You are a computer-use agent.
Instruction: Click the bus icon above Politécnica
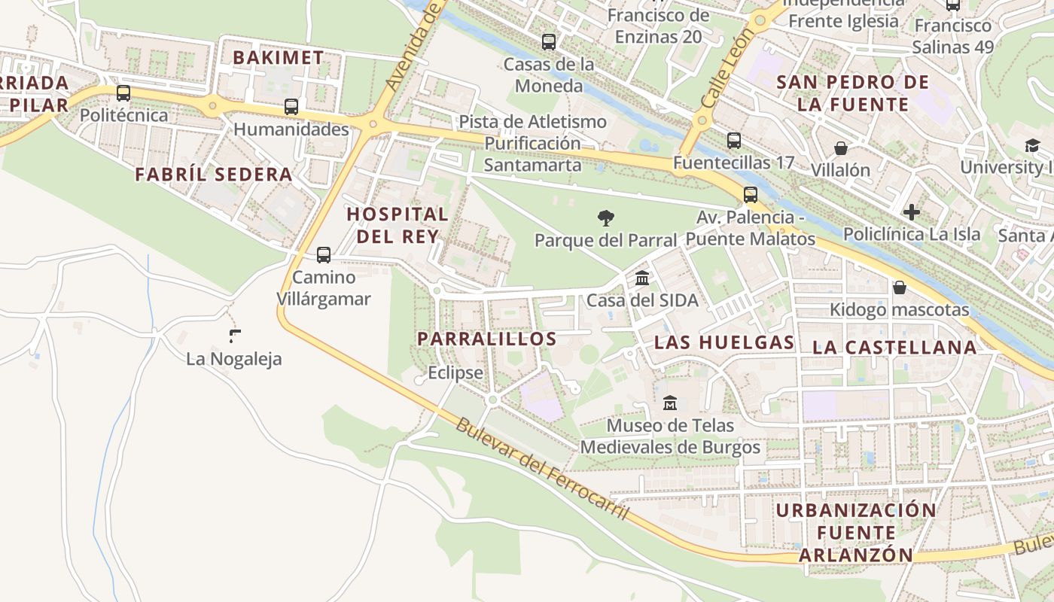(123, 93)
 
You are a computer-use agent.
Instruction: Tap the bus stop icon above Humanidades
(291, 107)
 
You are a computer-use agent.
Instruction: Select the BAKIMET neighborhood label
(278, 57)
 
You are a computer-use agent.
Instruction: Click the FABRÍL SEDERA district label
(214, 175)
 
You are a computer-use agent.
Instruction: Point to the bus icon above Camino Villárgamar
(324, 255)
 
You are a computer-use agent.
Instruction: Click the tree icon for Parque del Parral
(605, 218)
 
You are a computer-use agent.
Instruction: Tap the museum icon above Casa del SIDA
(642, 278)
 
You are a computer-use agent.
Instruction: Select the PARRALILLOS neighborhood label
(487, 339)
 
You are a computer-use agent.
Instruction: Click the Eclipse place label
(455, 372)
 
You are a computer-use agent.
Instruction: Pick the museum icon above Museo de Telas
(670, 403)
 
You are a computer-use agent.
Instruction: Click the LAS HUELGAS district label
(724, 342)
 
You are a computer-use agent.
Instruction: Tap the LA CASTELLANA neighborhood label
(894, 347)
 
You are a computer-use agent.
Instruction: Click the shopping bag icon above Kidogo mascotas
(899, 287)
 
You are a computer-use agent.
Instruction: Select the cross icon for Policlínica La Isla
(912, 212)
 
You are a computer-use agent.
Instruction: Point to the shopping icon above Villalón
(841, 148)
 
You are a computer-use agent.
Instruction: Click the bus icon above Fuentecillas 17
(734, 140)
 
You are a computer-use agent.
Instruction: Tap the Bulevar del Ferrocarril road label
(541, 468)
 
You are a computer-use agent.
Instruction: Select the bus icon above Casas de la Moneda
(549, 42)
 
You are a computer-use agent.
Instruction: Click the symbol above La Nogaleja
(235, 336)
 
